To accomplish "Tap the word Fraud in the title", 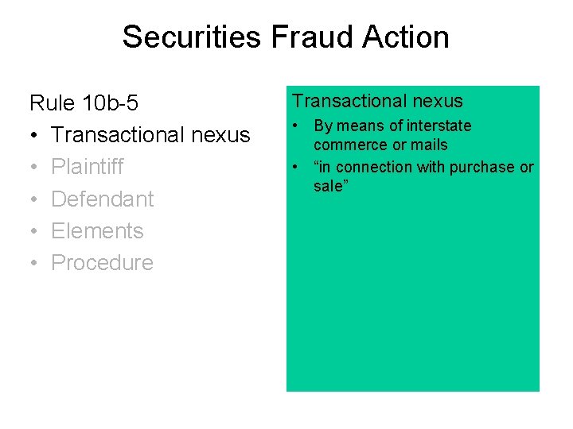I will (x=295, y=37).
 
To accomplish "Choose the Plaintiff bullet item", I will (x=88, y=167).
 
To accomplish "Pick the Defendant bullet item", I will (x=102, y=199).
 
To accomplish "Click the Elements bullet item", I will (x=97, y=230).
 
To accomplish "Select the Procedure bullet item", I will (x=102, y=263).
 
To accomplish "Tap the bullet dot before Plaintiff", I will (x=35, y=168).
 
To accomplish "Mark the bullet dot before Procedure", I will (x=35, y=264).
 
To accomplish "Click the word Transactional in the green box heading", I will (x=344, y=101).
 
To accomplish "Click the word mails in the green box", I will (x=429, y=145).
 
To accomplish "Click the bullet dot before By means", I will (x=295, y=126).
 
